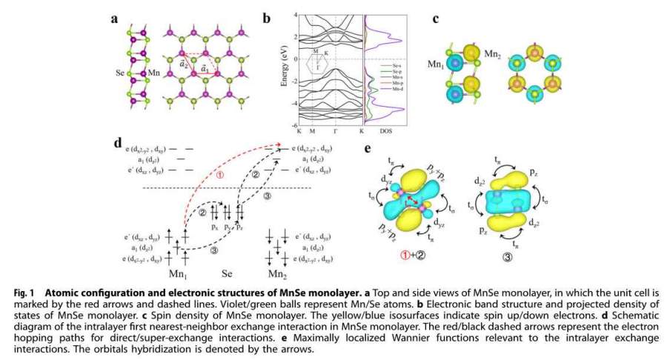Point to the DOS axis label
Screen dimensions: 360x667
click(388, 131)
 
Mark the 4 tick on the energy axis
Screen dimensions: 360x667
click(295, 15)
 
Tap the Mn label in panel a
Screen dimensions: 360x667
click(154, 73)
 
